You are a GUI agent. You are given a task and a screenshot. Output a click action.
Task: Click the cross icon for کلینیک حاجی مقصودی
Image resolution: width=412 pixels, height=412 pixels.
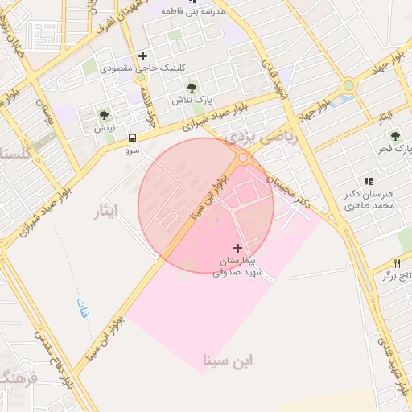[142, 56]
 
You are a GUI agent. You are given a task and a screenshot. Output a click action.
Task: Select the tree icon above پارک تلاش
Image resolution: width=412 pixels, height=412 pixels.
[191, 88]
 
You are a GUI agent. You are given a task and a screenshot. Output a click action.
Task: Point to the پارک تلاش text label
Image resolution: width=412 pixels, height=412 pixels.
[191, 101]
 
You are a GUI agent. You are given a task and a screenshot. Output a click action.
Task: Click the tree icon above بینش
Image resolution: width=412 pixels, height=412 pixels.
[104, 115]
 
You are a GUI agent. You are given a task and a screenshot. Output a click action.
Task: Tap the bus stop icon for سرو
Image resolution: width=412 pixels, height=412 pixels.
[132, 138]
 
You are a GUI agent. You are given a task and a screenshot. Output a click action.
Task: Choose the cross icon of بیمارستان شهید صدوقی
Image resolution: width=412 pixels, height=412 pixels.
[237, 247]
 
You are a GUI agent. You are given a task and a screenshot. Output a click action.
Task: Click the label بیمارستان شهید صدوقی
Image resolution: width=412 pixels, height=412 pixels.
[237, 267]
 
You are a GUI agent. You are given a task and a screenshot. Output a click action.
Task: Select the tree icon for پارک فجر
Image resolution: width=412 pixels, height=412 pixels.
[394, 137]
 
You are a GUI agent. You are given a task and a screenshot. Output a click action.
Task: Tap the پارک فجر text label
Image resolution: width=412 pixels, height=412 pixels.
[395, 150]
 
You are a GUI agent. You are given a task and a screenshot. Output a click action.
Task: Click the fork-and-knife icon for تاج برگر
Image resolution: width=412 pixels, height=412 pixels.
[397, 263]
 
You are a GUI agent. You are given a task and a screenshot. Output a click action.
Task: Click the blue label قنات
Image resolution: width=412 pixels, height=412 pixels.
[82, 308]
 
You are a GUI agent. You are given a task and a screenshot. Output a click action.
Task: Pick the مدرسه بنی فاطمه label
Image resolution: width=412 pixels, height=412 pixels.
[190, 12]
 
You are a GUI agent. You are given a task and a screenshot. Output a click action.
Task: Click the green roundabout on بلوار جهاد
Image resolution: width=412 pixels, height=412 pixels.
[348, 85]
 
